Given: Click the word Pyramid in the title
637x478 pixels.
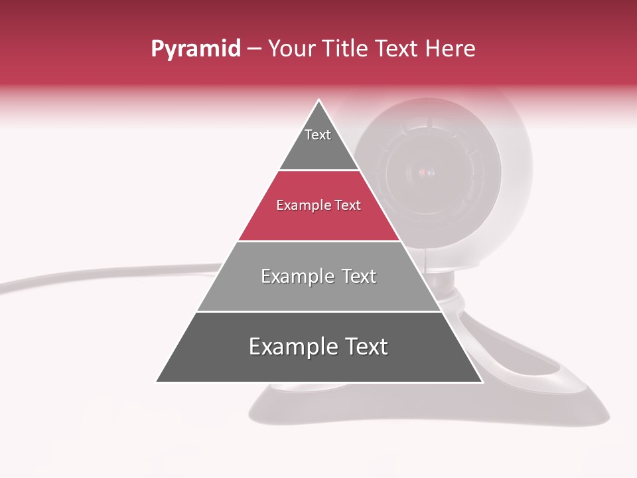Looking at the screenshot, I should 195,49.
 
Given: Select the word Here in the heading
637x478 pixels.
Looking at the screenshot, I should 450,49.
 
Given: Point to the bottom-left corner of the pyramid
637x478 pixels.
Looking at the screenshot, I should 157,381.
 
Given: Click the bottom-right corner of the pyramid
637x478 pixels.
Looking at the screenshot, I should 482,381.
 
